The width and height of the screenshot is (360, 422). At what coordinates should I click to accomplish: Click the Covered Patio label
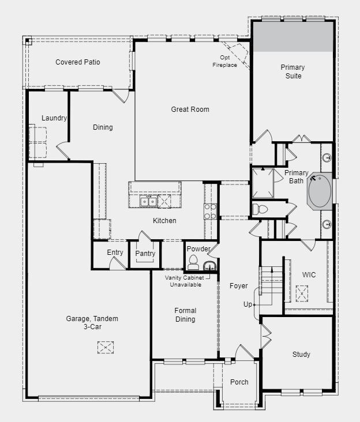click(x=77, y=62)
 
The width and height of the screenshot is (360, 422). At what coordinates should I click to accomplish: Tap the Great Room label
click(x=190, y=110)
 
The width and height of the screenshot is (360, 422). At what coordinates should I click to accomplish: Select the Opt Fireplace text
click(x=225, y=61)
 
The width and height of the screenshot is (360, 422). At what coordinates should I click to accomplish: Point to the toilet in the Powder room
click(x=193, y=262)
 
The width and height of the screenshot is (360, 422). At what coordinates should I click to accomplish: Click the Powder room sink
click(x=209, y=265)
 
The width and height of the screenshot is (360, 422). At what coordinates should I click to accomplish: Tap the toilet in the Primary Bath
click(x=260, y=209)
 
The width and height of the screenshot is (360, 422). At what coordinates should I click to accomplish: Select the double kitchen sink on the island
click(x=148, y=201)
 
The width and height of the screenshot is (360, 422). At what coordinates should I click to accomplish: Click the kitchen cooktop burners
click(x=211, y=211)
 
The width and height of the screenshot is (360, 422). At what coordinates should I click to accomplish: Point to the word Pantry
click(x=145, y=253)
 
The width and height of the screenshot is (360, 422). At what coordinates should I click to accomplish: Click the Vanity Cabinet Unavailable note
click(x=185, y=281)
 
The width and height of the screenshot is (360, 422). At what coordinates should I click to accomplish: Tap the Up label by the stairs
click(x=247, y=304)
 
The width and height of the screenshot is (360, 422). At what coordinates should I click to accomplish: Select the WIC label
click(x=309, y=275)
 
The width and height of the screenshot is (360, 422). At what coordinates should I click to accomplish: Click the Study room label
click(x=301, y=355)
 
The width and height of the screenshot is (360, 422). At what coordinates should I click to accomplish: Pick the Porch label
click(x=239, y=382)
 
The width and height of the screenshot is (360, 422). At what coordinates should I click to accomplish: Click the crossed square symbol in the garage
click(x=106, y=347)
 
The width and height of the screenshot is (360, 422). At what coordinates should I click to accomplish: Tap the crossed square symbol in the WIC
click(x=302, y=293)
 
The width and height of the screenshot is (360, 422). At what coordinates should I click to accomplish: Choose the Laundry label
click(x=54, y=118)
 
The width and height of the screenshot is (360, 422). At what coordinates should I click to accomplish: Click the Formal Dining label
click(x=185, y=315)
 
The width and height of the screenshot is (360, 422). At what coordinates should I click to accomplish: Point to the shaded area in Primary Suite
click(x=293, y=37)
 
